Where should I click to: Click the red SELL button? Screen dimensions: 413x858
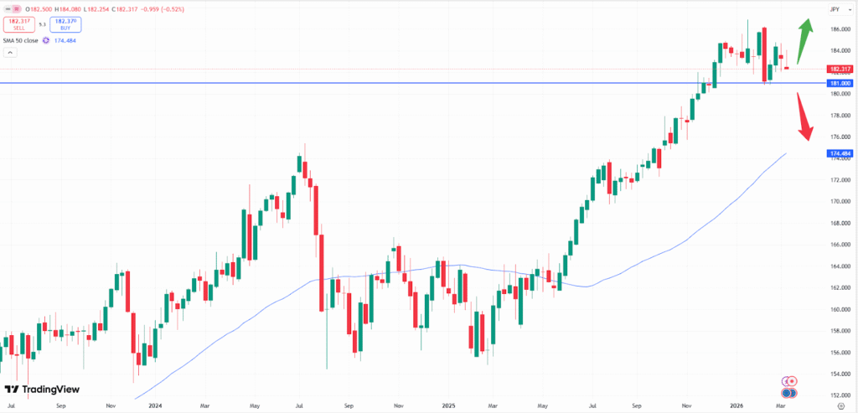point(18,24)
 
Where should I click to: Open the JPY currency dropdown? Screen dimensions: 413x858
point(835,8)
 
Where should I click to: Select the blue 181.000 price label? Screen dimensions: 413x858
point(840,84)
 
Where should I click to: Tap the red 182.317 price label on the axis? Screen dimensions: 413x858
point(840,69)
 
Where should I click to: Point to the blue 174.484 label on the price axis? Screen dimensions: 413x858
point(840,154)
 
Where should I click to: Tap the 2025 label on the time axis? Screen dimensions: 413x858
point(449,405)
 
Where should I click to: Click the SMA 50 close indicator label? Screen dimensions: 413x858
point(20,39)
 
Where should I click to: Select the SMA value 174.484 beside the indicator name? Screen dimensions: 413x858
point(66,39)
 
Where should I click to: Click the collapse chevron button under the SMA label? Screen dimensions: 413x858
point(10,53)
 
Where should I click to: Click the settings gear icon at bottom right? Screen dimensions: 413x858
point(840,405)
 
